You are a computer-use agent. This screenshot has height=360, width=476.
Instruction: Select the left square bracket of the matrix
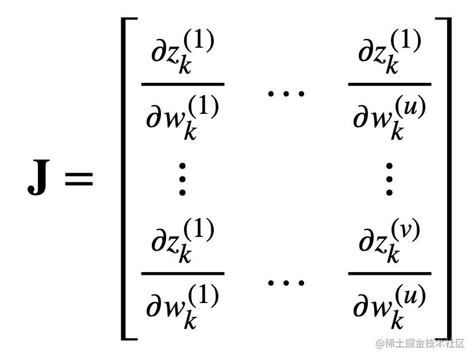tap(128, 178)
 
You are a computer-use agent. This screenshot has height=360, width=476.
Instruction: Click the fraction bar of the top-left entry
tap(183, 84)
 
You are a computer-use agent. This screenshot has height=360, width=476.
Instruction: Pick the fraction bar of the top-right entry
tap(390, 84)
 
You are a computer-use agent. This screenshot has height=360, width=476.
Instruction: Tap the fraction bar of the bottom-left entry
tap(183, 274)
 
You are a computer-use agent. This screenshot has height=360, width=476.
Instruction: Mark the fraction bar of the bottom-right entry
tap(390, 274)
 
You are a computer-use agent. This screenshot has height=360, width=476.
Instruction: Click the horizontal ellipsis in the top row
tap(286, 92)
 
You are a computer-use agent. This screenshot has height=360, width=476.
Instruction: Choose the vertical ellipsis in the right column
tap(389, 179)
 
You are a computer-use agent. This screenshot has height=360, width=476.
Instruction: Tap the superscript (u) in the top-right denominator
tap(409, 108)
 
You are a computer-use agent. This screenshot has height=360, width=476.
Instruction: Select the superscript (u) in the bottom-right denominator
tap(409, 297)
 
